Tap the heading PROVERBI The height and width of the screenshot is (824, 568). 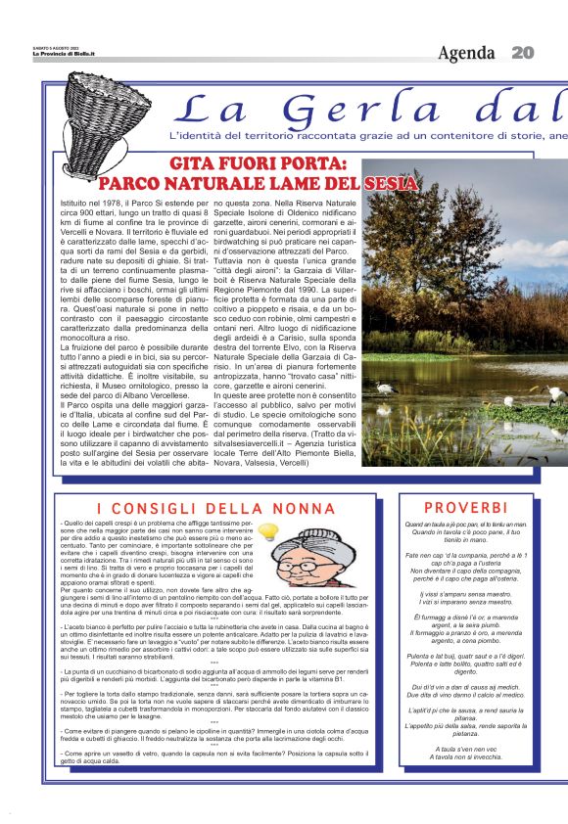click(x=465, y=507)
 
